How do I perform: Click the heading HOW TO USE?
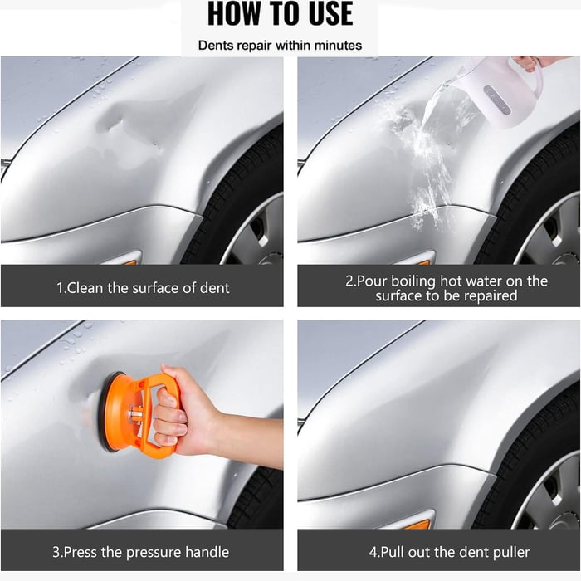coord(280,14)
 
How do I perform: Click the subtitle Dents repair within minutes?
coord(280,45)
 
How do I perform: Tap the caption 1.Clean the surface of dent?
coord(143,288)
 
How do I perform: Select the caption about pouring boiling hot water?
coord(446,288)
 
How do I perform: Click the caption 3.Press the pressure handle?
coord(141,552)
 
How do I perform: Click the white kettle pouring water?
coord(502,91)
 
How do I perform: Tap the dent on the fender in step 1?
coord(124,129)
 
